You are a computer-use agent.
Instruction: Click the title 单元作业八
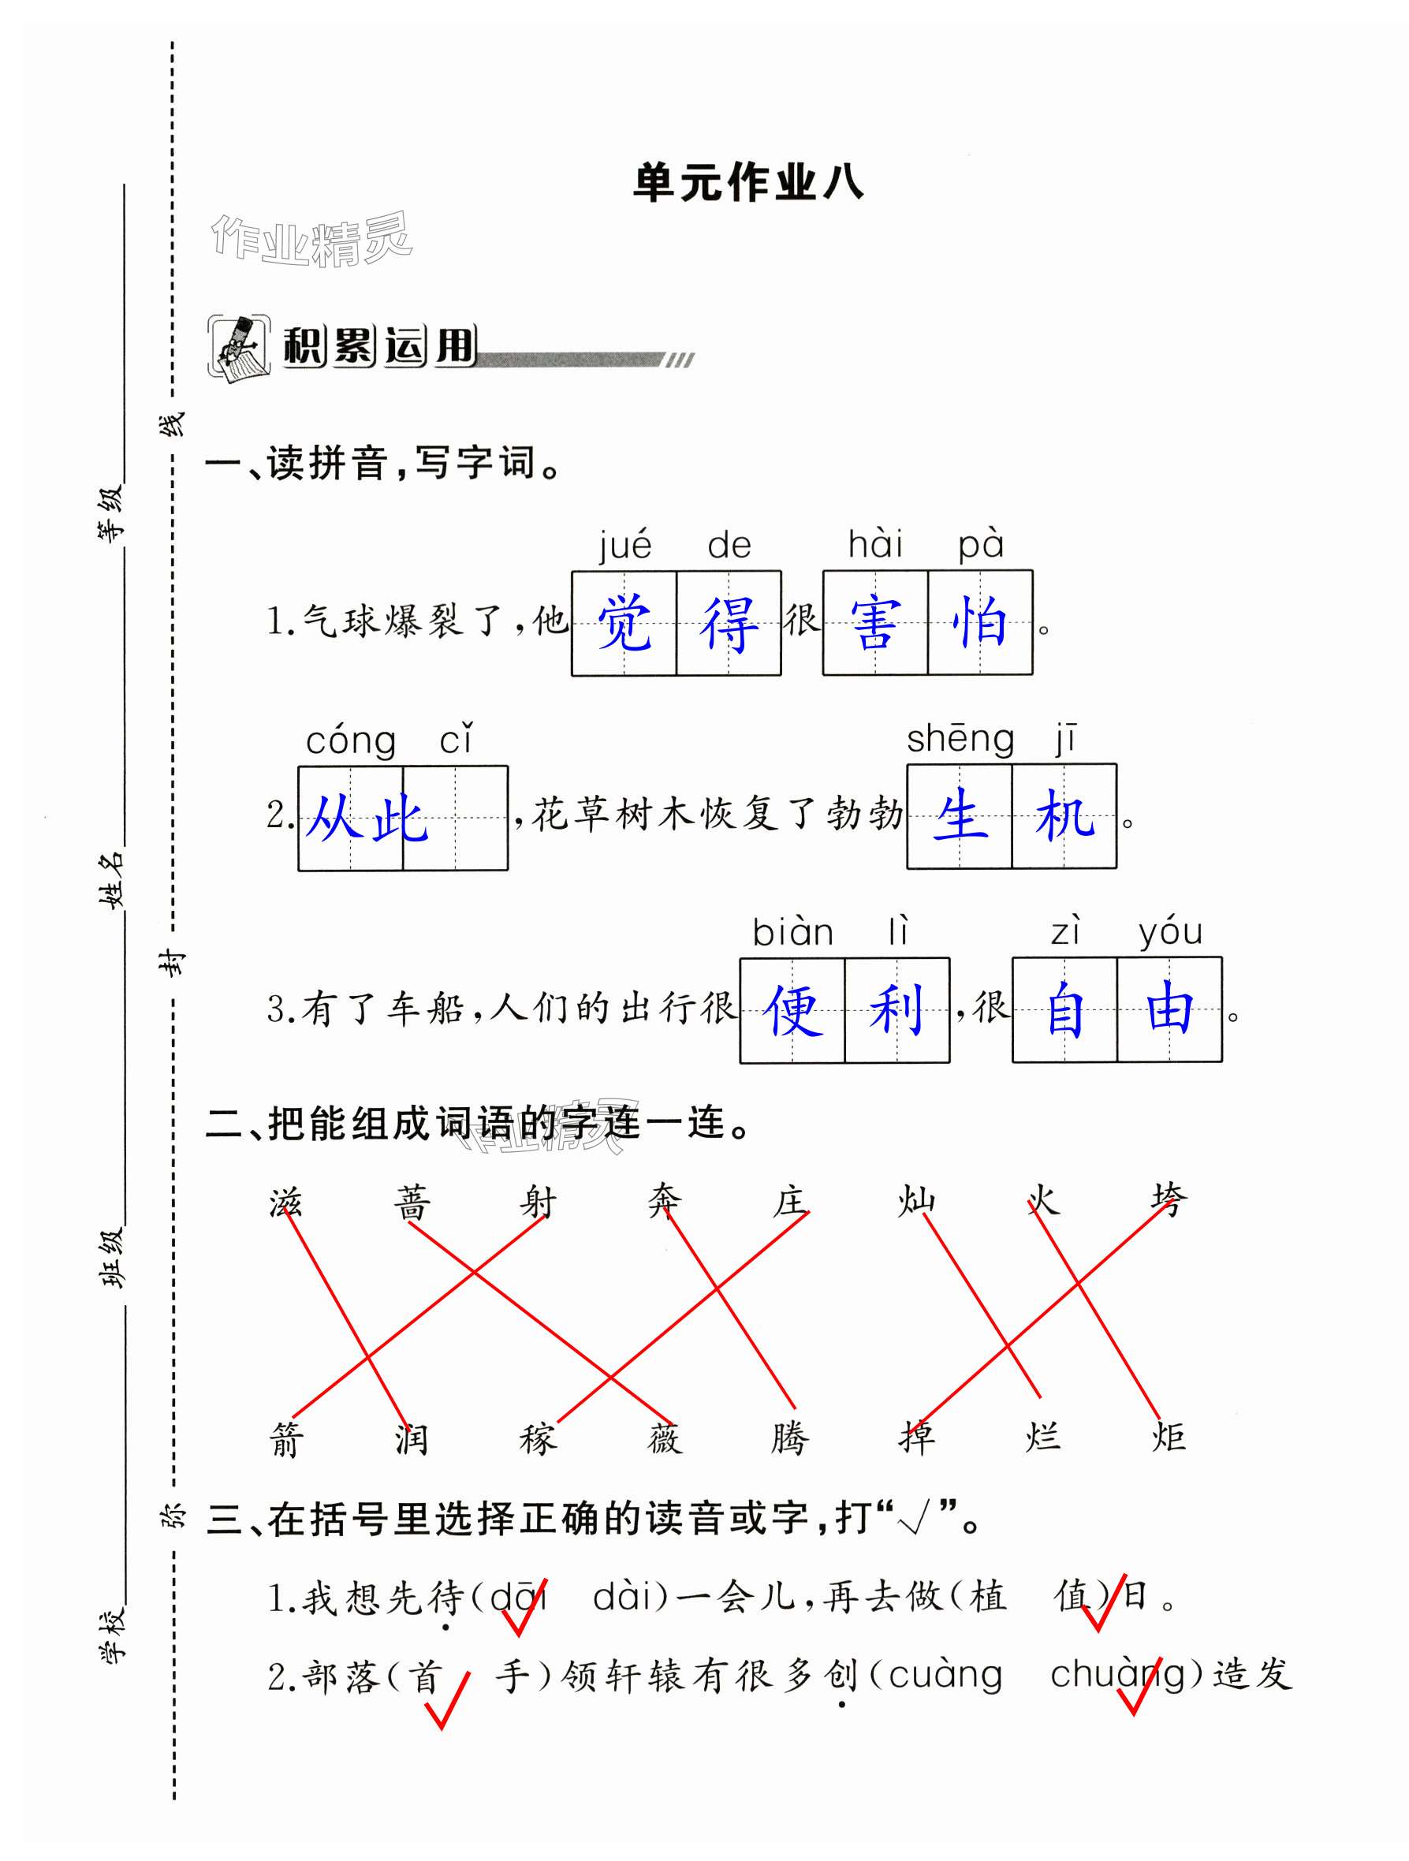[747, 183]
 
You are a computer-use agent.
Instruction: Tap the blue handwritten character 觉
[624, 624]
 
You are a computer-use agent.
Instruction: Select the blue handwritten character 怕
[980, 624]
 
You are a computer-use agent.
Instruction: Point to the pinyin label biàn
[792, 932]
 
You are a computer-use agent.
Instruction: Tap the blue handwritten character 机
[1064, 816]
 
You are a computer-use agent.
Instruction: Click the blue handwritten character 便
[792, 1009]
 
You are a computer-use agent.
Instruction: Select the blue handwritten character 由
[1169, 1009]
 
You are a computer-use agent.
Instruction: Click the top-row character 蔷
[412, 1203]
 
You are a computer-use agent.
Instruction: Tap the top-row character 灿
[916, 1200]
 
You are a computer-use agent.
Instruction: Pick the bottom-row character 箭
[286, 1438]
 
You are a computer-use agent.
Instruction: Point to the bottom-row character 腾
[790, 1438]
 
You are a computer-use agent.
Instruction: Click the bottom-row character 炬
[1169, 1437]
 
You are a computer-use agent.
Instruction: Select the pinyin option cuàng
[945, 1675]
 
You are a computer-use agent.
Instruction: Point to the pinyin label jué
[624, 546]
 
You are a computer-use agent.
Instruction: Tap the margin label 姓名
[112, 880]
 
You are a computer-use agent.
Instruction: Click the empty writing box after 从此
[455, 818]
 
